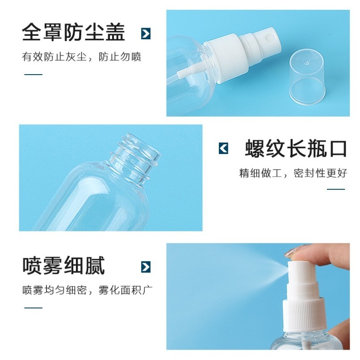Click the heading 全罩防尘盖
[73, 32]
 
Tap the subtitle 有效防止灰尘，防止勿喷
[81, 57]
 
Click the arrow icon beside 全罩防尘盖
[146, 33]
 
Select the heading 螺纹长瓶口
[296, 148]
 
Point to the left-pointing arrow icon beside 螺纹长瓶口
[223, 148]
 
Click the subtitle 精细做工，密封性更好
[293, 173]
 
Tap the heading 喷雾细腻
[63, 265]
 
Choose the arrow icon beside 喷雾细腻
[146, 267]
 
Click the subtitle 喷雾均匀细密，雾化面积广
[87, 290]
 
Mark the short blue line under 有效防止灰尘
[33, 75]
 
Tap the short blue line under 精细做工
[336, 189]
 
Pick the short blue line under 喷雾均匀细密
[33, 308]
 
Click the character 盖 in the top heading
[116, 32]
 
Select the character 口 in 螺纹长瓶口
[339, 149]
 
